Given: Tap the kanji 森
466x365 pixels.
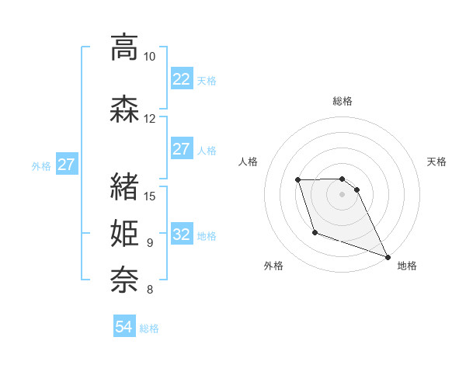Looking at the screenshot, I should pos(124,108).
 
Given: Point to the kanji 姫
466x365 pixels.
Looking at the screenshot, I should pos(124,233).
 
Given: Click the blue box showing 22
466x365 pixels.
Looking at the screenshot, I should pos(181,79).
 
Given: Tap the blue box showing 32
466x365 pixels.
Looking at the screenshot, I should pos(181,235).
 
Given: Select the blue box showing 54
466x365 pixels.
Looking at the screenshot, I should pos(124,327).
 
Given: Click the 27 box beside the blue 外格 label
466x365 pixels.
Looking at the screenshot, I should pos(66,165).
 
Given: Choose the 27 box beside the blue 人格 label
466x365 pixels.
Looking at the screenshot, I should pos(181,149).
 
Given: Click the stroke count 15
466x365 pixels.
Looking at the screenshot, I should pos(151,195).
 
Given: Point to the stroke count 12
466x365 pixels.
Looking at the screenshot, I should pos(150,119).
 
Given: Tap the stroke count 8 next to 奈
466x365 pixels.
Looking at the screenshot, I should pos(150,290).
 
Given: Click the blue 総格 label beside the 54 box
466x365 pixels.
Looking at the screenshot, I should pos(149,328).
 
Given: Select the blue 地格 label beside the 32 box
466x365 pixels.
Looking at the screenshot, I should pos(207,236).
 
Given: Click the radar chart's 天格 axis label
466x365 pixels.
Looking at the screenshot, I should pos(436,162).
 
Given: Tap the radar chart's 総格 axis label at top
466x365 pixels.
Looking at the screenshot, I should pos(343,101).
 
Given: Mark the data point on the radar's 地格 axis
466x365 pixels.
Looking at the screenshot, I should pos(388,256).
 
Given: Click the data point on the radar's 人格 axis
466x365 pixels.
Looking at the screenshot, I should pos(298,180).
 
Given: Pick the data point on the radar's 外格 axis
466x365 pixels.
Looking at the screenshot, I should pos(315,232).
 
